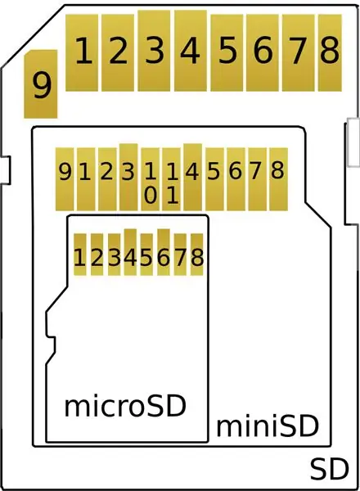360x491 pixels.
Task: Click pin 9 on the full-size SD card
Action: point(41,84)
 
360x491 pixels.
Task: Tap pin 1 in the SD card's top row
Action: point(82,53)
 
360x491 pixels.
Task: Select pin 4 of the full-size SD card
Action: point(191,51)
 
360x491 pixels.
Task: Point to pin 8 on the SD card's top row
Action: point(330,53)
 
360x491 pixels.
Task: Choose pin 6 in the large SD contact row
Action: point(263,53)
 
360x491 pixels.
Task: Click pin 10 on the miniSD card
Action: point(151,179)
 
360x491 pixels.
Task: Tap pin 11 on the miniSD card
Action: point(172,179)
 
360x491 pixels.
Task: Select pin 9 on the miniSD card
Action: point(65,179)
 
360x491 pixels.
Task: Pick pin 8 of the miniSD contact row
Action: point(279,179)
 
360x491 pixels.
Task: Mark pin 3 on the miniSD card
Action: point(128,178)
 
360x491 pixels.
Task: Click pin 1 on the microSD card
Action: point(80,255)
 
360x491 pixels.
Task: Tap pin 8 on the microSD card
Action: point(197,255)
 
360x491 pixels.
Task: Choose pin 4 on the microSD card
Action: point(130,252)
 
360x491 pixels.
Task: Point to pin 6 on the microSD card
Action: point(164,252)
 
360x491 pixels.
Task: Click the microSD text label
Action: point(125,406)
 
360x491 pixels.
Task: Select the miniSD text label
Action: point(268,426)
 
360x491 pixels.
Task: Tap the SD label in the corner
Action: point(330,470)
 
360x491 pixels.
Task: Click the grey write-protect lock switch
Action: point(353,142)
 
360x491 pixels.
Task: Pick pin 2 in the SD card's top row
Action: point(118,53)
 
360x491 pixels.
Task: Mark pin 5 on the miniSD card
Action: point(214,179)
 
